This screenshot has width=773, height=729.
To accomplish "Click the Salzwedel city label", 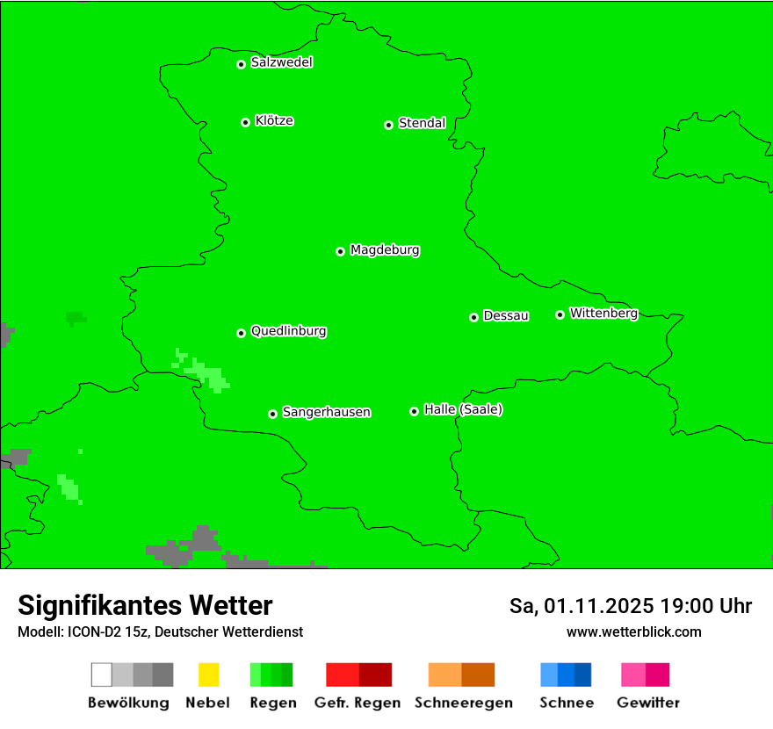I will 281,62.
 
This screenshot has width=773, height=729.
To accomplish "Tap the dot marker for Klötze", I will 245,122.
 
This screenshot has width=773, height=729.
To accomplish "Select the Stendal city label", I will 422,123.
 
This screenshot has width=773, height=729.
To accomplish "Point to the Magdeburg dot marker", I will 340,251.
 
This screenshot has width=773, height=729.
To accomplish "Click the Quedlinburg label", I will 288,331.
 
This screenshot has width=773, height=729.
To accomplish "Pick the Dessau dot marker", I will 473,317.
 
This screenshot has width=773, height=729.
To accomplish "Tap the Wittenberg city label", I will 603,313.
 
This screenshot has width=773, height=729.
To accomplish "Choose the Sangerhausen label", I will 326,412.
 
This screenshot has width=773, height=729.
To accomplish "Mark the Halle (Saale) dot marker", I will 414,411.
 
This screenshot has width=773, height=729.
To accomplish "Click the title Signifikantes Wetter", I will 145,606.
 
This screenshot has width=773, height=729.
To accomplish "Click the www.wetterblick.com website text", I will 633,632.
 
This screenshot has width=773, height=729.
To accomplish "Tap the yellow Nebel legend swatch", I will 208,675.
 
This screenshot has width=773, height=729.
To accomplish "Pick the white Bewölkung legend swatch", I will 102,675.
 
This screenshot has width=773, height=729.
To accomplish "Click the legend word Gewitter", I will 648,703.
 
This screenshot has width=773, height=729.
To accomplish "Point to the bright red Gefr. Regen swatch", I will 343,675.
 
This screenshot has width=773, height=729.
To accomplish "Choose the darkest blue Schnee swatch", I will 583,675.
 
